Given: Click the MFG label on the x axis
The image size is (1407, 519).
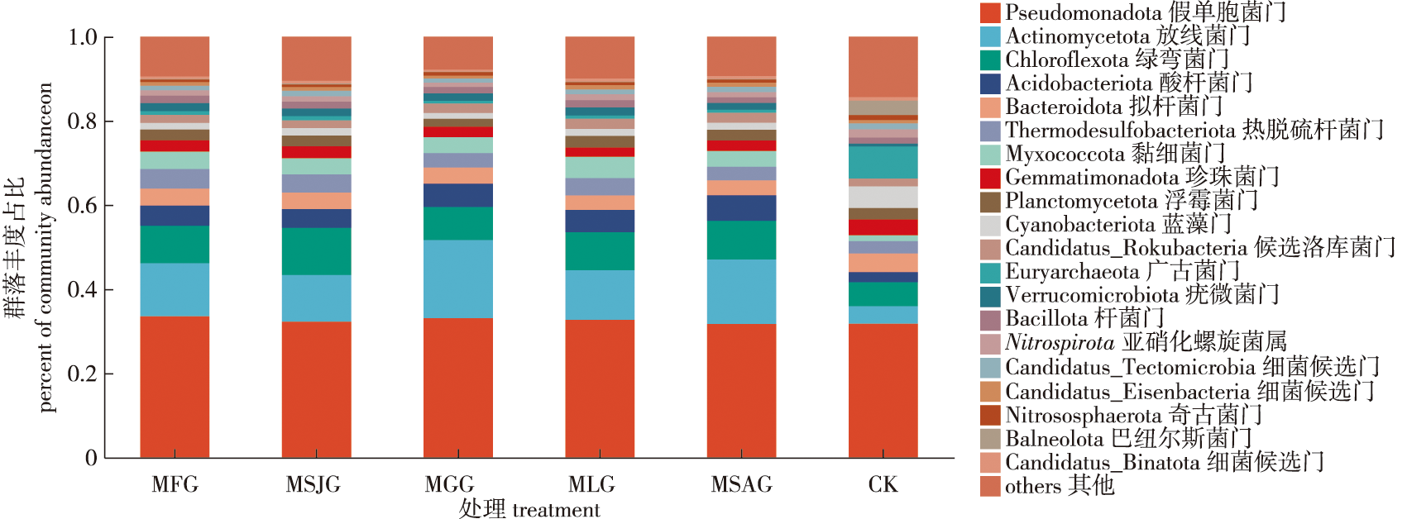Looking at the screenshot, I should point(175,484).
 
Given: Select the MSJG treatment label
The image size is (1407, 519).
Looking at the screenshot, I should point(313,484).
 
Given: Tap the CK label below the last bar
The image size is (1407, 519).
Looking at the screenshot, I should point(883,484).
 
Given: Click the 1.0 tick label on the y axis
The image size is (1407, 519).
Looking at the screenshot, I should point(82,37).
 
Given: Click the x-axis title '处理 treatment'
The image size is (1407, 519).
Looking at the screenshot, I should point(529,509).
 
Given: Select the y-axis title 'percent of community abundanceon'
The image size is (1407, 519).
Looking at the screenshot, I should point(45,248).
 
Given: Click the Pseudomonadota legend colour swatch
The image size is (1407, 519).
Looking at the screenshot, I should point(990,12).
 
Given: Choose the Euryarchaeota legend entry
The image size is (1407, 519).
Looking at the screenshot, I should point(1122,272).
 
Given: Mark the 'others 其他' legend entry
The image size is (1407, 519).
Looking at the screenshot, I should point(1059,486).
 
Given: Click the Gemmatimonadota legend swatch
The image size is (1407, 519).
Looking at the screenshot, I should point(990,178).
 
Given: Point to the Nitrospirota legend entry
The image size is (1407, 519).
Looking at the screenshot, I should point(1145,342).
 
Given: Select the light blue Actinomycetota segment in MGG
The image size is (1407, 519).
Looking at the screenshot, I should point(457,279).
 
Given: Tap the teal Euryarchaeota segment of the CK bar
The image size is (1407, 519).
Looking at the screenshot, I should point(883,162).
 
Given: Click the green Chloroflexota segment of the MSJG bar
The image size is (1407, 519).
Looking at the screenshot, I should point(316,251).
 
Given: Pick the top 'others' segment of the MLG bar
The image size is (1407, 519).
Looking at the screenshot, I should point(600,57).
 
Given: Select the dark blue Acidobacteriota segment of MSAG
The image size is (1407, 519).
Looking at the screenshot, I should point(741,207).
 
